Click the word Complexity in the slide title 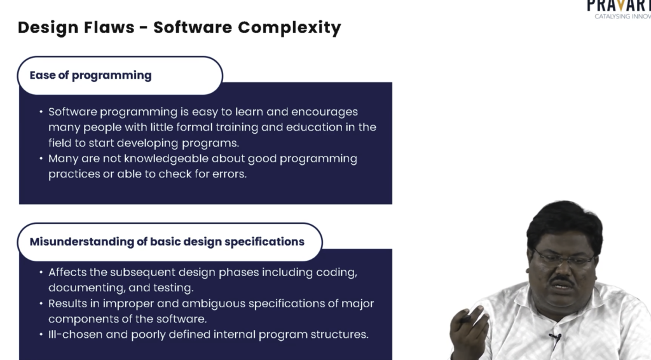tap(289, 28)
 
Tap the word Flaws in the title tap(109, 27)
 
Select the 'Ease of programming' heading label tap(90, 75)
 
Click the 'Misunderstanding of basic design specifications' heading tap(167, 242)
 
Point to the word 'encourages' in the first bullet tap(324, 112)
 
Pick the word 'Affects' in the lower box tap(67, 272)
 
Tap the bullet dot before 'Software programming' tap(41, 112)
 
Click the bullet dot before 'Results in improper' tap(41, 303)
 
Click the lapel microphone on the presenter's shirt tap(556, 337)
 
